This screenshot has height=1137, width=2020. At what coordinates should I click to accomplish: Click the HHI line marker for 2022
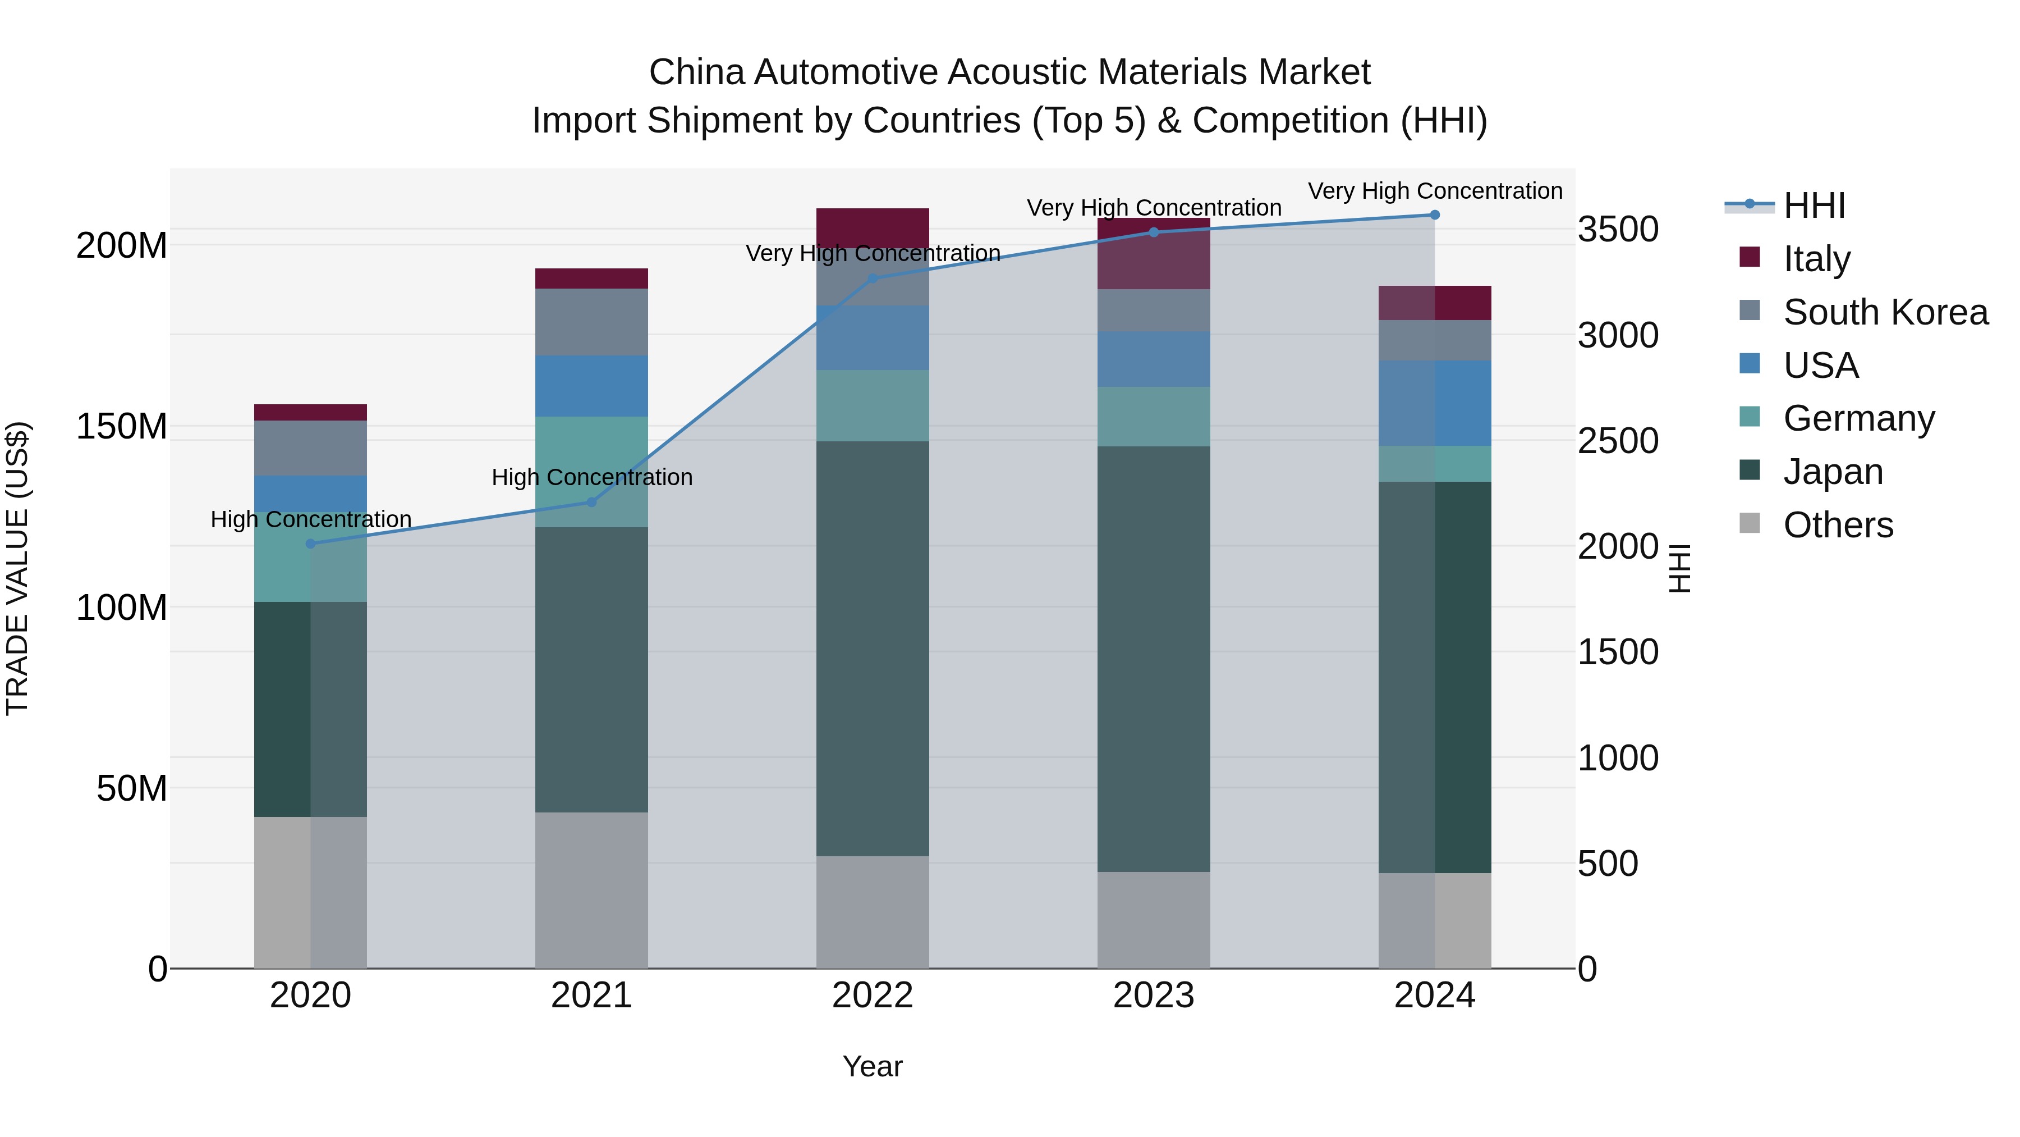tap(873, 278)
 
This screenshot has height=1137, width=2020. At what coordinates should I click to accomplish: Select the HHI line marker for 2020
tap(310, 544)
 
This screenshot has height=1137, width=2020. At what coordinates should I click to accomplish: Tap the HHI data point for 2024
tap(1435, 215)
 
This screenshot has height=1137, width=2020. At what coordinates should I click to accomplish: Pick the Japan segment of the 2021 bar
tap(591, 669)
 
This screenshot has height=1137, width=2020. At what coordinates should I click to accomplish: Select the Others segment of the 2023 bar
tap(1154, 920)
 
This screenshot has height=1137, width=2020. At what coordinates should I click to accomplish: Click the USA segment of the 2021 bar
tap(591, 386)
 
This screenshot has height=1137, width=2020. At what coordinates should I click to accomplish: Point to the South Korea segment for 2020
tap(310, 448)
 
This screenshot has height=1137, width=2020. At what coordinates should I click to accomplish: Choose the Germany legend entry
tap(1858, 418)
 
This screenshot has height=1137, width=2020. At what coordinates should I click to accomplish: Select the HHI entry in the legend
tap(1814, 206)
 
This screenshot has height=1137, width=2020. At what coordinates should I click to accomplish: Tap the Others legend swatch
tap(1750, 523)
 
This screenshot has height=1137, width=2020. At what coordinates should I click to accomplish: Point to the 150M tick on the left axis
tap(122, 427)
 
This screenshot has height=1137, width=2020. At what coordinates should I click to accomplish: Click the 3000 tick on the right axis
tap(1617, 336)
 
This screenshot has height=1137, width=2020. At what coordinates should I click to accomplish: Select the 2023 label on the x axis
tap(1154, 996)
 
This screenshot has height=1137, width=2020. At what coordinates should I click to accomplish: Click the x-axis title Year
tap(872, 1066)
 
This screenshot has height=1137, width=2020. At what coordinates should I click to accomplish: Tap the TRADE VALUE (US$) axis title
tap(18, 568)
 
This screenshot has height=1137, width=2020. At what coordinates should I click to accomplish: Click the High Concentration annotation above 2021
tap(592, 477)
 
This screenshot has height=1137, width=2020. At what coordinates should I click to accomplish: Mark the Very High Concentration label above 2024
tap(1435, 191)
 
